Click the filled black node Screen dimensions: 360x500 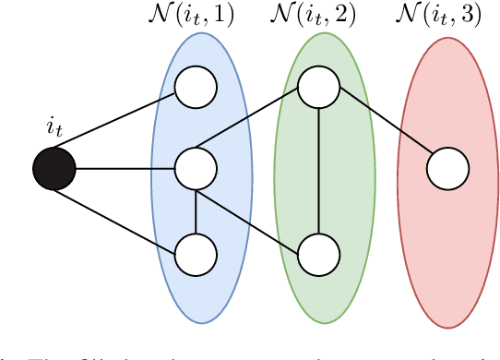(54, 170)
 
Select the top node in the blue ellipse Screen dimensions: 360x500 (196, 88)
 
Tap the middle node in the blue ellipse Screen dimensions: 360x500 (196, 170)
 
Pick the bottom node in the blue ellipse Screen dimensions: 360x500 (196, 254)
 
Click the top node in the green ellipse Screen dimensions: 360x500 (318, 88)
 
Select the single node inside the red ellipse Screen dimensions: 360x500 (447, 170)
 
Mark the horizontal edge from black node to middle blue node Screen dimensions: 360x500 (125, 170)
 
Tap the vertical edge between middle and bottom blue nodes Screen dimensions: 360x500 (196, 212)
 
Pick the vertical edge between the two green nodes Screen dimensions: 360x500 (318, 171)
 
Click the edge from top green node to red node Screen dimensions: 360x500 (383, 121)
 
